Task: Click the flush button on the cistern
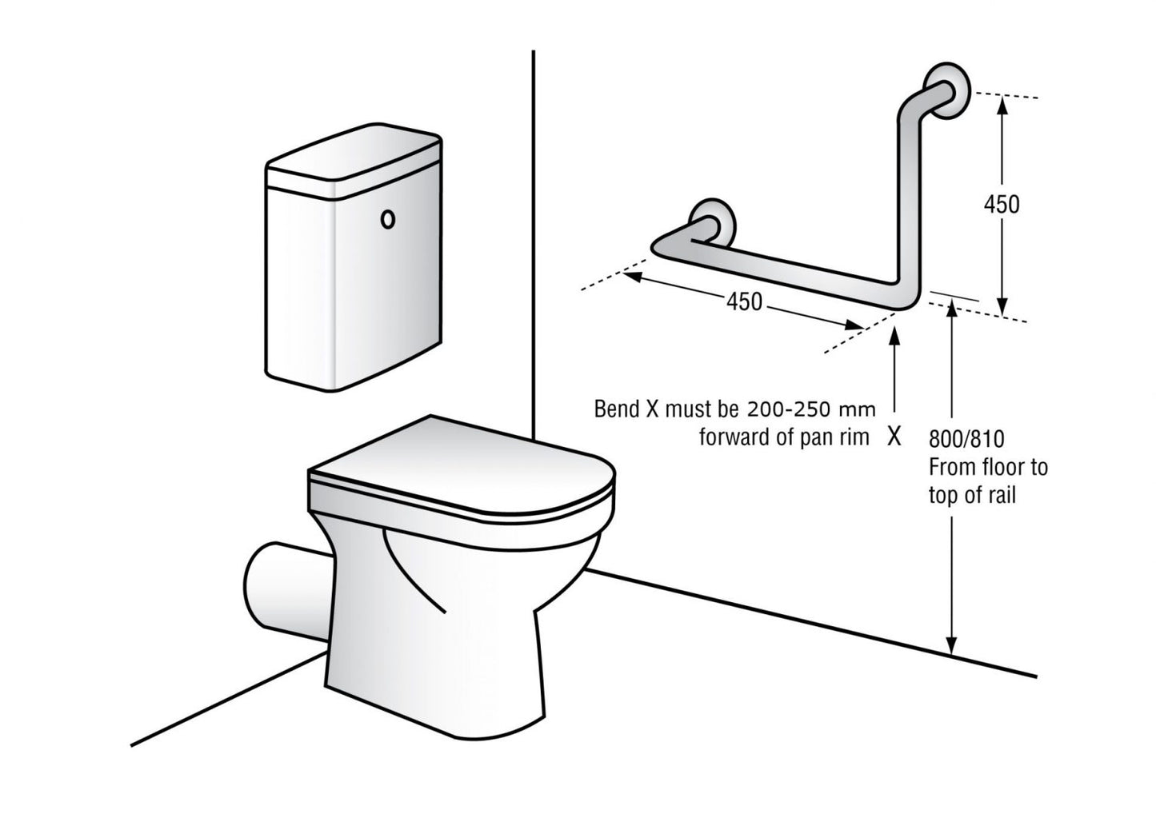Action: (x=389, y=219)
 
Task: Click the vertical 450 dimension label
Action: (x=1001, y=205)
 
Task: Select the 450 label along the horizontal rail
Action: (x=744, y=301)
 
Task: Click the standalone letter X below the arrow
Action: (x=894, y=437)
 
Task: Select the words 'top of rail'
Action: (x=971, y=496)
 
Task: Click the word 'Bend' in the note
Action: (x=617, y=409)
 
